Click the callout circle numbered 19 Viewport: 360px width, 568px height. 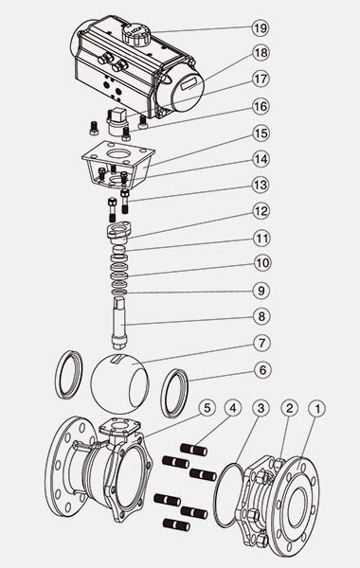coord(261,28)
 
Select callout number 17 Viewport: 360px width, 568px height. coord(261,79)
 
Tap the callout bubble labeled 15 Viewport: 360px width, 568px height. coord(261,133)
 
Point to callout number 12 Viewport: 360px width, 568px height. coord(261,211)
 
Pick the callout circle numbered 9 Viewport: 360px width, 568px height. coord(261,291)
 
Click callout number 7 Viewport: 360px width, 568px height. coord(261,343)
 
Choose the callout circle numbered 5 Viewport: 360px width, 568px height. coord(207,408)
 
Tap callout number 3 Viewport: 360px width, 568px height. coord(261,408)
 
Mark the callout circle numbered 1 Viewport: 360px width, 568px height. coord(317,409)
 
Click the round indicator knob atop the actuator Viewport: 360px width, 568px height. coord(136,34)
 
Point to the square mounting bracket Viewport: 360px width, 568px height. coord(118,165)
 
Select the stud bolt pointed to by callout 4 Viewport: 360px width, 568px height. coord(194,451)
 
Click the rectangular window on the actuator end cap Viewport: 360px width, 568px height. coord(191,85)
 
